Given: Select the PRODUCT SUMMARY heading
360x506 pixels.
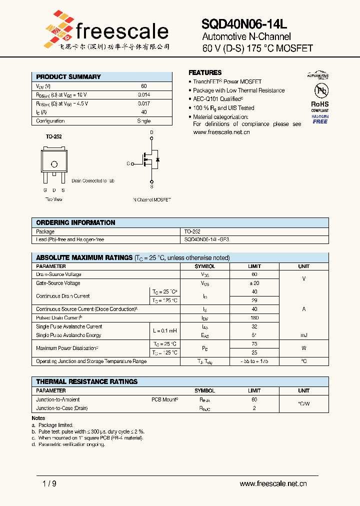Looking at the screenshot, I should pos(68,76).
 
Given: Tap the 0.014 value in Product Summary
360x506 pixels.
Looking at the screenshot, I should pos(144,94).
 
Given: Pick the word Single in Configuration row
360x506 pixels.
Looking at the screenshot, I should pos(144,121).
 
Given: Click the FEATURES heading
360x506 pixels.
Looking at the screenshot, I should pos(205,72).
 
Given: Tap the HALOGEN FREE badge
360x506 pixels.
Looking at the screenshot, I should pos(320,119).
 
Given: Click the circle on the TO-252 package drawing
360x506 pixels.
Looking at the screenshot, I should pos(54,164).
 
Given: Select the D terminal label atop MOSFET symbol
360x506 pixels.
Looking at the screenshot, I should pos(152,133).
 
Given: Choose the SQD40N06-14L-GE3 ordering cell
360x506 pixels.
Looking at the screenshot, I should pos(207,240).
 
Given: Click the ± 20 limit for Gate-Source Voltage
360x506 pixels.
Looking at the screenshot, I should pos(254,283).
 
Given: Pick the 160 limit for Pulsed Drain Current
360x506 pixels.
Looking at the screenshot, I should pos(254,318).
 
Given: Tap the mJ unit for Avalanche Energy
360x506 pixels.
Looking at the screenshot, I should pos(303,335).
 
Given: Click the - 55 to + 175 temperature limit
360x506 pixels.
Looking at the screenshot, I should pos(254,361).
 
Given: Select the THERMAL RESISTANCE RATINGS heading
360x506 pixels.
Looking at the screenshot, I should pos(87,381).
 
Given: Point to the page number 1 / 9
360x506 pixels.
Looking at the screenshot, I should pos(43,483).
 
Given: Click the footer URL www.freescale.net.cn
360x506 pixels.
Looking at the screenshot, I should pos(273,483).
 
